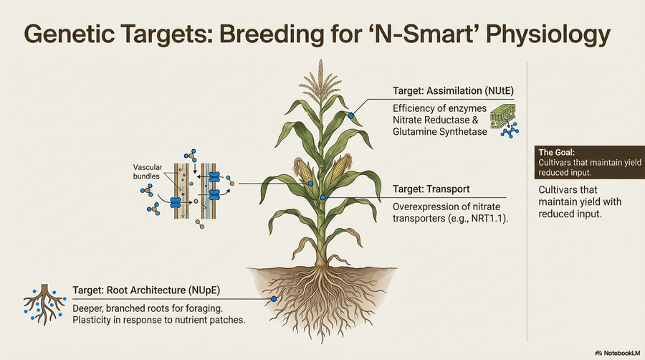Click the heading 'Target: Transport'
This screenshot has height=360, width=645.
tap(431, 189)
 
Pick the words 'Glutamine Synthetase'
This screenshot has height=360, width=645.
tap(439, 132)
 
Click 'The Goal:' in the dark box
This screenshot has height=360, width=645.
tap(555, 152)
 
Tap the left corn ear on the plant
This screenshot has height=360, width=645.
tap(304, 171)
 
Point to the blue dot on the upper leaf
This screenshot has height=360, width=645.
tap(351, 115)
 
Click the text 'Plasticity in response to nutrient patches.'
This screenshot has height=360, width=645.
tap(159, 319)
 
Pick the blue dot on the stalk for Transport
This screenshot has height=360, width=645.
tap(323, 196)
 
